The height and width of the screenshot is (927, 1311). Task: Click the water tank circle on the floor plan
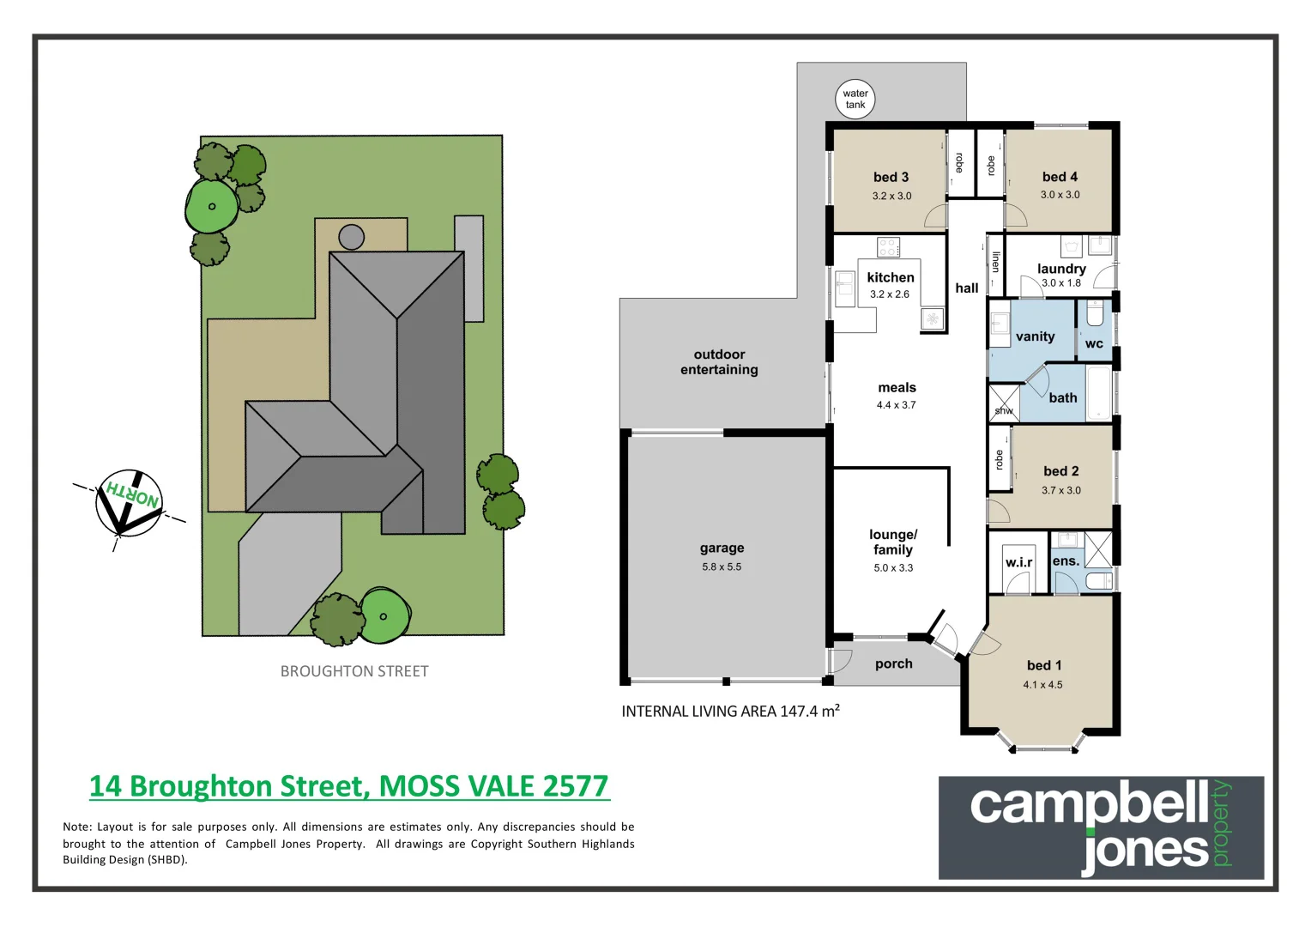[x=855, y=100]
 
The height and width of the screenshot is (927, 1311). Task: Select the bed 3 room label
[x=891, y=177]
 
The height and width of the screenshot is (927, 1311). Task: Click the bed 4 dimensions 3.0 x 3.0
[x=1060, y=195]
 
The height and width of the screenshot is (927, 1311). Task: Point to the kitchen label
[x=890, y=277]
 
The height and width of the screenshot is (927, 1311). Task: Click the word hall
[x=966, y=288]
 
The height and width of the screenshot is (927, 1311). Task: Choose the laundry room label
[x=1061, y=269]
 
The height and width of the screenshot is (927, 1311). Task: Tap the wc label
[x=1094, y=344]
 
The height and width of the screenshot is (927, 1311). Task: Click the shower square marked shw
[x=1003, y=402]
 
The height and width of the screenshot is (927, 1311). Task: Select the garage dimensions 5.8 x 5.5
[x=721, y=566]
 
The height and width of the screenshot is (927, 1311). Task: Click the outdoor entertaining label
[x=719, y=362]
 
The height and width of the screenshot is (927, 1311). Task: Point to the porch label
[x=893, y=663]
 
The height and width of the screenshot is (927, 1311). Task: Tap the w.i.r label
[x=1018, y=562]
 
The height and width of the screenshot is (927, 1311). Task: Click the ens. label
[x=1066, y=561]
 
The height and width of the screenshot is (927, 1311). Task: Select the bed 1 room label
[x=1043, y=665]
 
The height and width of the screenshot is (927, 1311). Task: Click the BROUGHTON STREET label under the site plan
[x=354, y=671]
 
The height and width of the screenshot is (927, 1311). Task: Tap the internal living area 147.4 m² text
[x=730, y=711]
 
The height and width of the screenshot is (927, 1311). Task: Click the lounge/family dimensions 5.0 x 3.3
[x=892, y=567]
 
